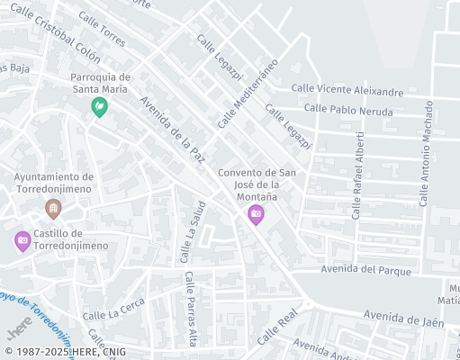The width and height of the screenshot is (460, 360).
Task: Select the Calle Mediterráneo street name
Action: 247,93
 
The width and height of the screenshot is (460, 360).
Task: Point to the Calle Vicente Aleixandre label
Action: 347,91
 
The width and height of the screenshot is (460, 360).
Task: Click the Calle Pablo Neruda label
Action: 348,110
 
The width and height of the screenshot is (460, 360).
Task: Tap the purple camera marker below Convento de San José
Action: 256,213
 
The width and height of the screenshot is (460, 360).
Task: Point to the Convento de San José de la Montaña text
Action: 257,184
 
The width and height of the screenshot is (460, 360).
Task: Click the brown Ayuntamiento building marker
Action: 53,209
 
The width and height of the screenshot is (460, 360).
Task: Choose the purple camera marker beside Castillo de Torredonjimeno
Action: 23,240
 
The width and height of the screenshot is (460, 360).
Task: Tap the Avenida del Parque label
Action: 365,270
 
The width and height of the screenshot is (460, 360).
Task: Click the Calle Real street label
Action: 277,328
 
